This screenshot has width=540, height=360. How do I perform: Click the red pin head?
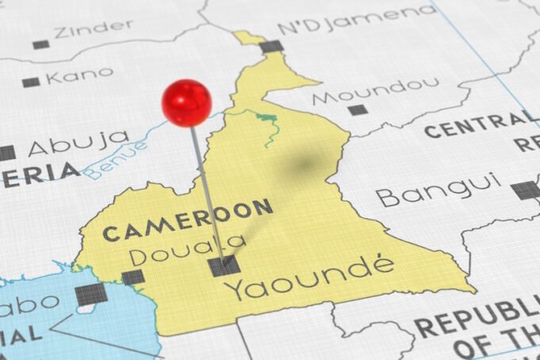186,102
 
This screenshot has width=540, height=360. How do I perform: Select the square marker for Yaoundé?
224,266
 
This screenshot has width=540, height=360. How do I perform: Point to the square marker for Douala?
133,277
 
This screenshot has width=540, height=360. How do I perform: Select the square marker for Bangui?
523,190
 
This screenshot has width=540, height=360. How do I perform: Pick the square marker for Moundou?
358,109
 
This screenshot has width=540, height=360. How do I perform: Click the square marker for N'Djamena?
272,46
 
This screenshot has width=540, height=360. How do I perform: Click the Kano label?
79,75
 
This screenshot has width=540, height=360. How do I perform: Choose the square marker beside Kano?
31,82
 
